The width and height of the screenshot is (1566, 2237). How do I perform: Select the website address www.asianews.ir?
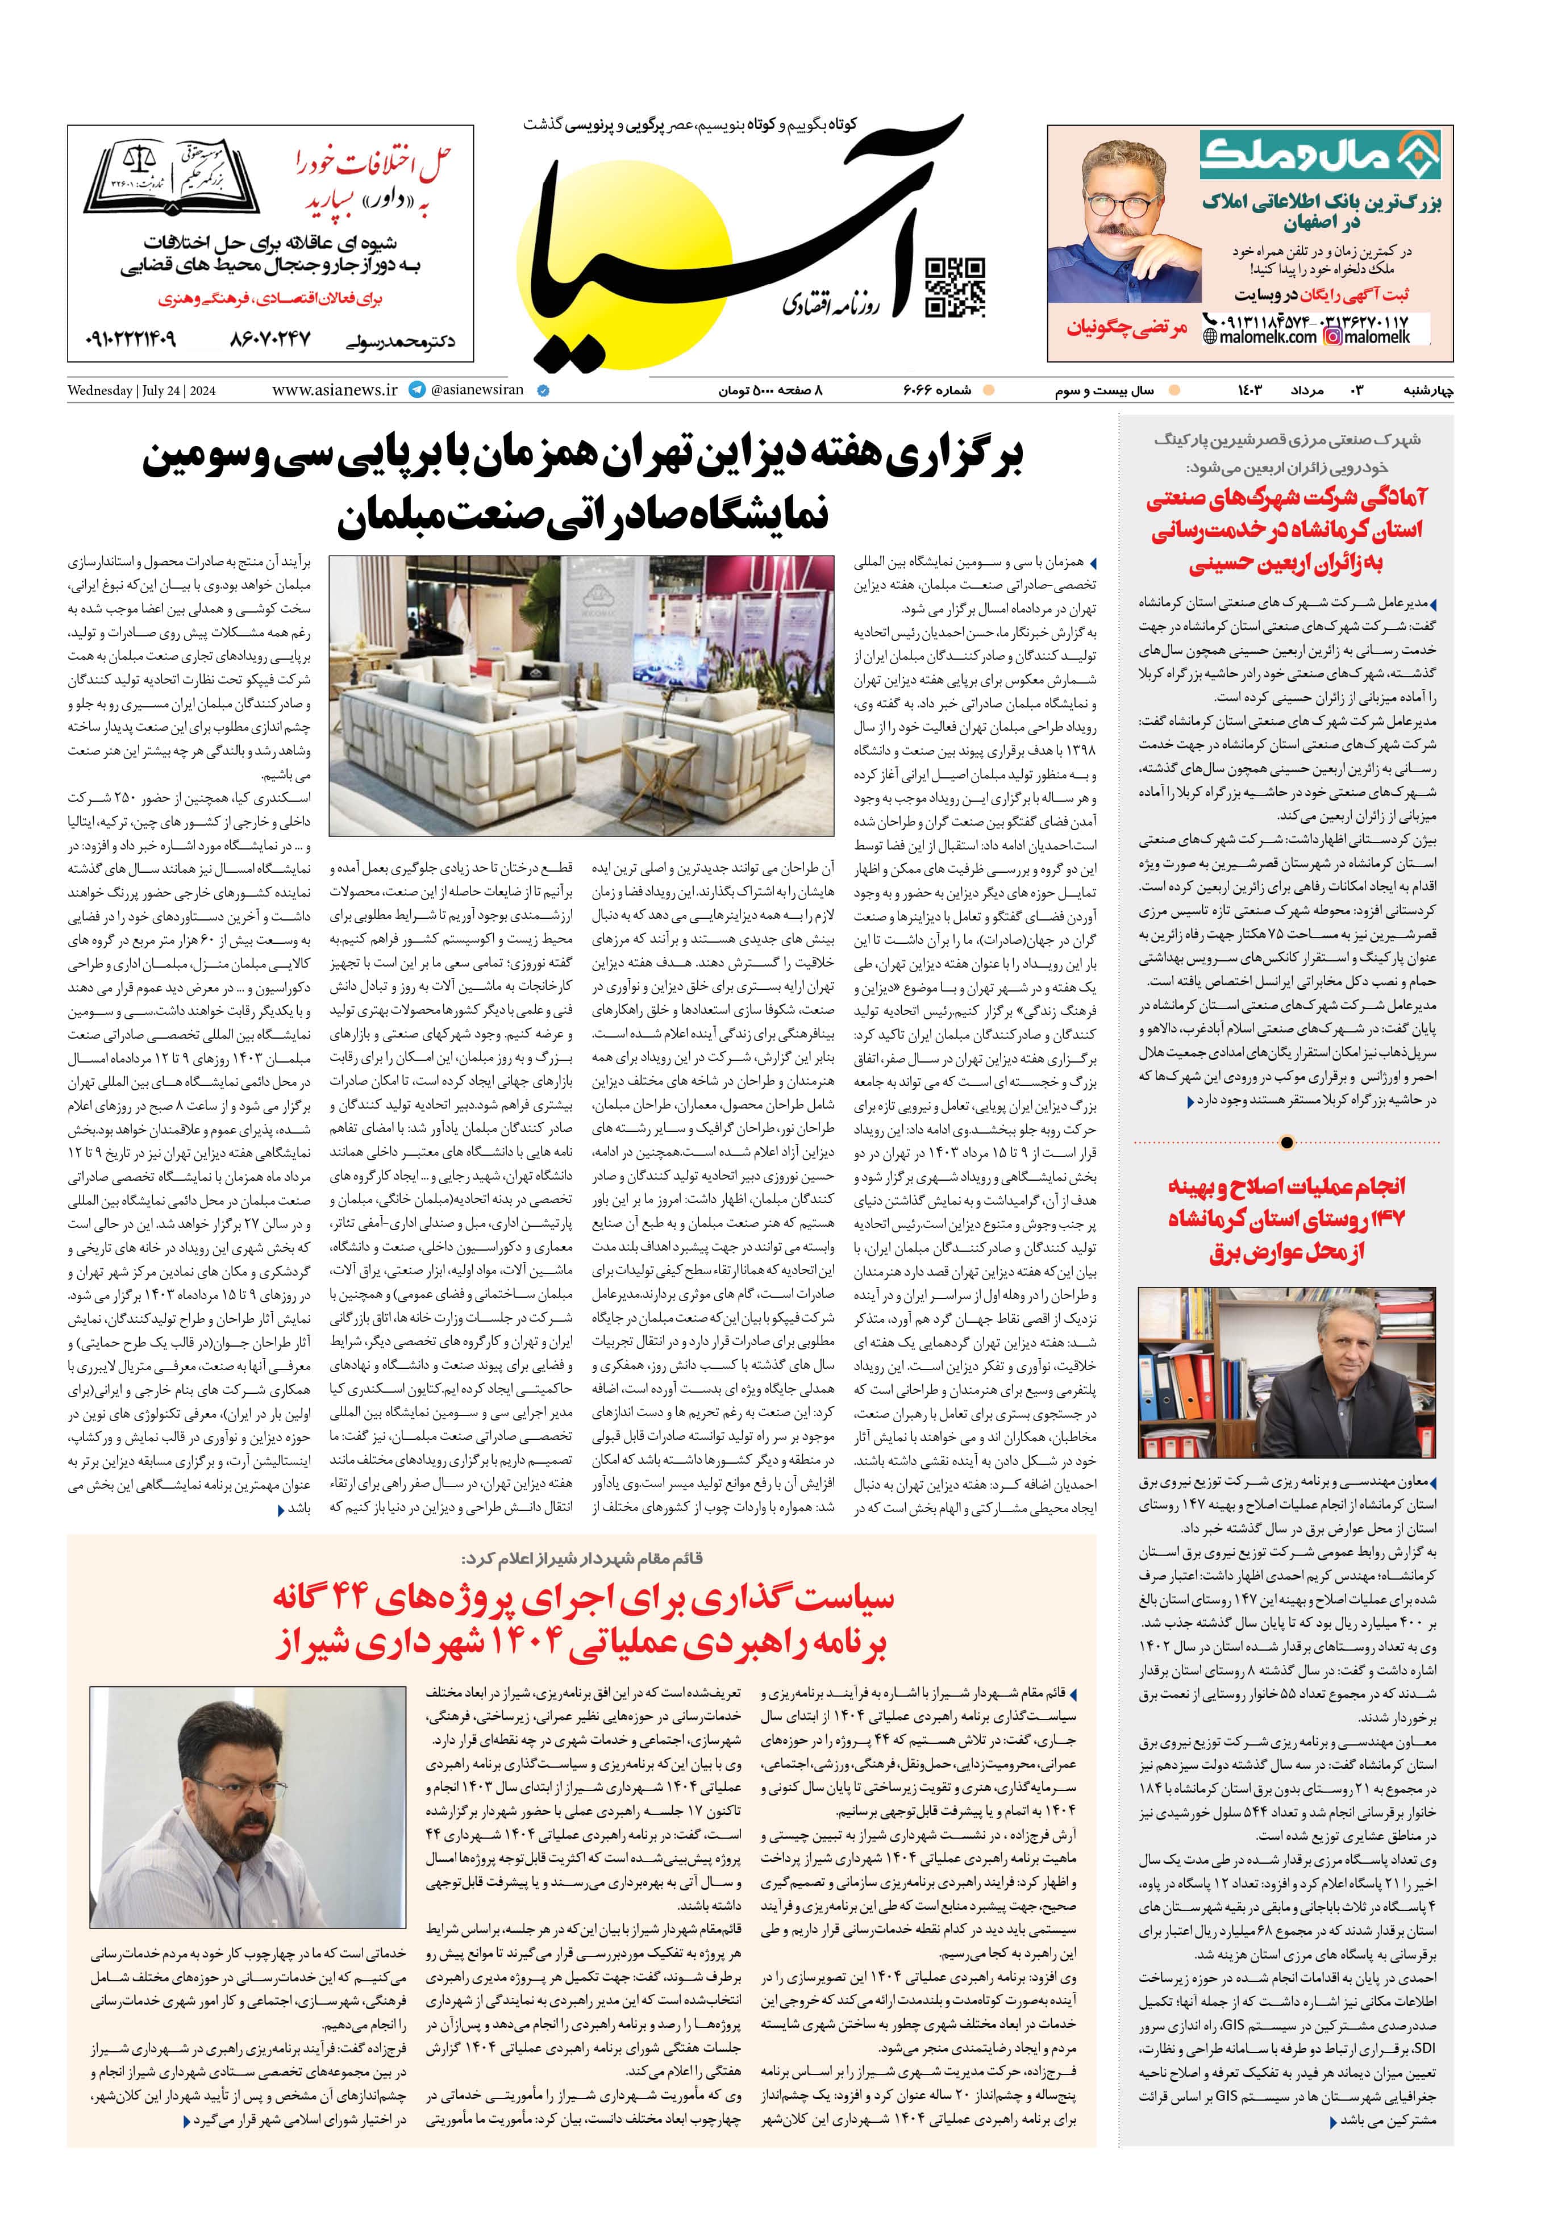coord(334,390)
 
